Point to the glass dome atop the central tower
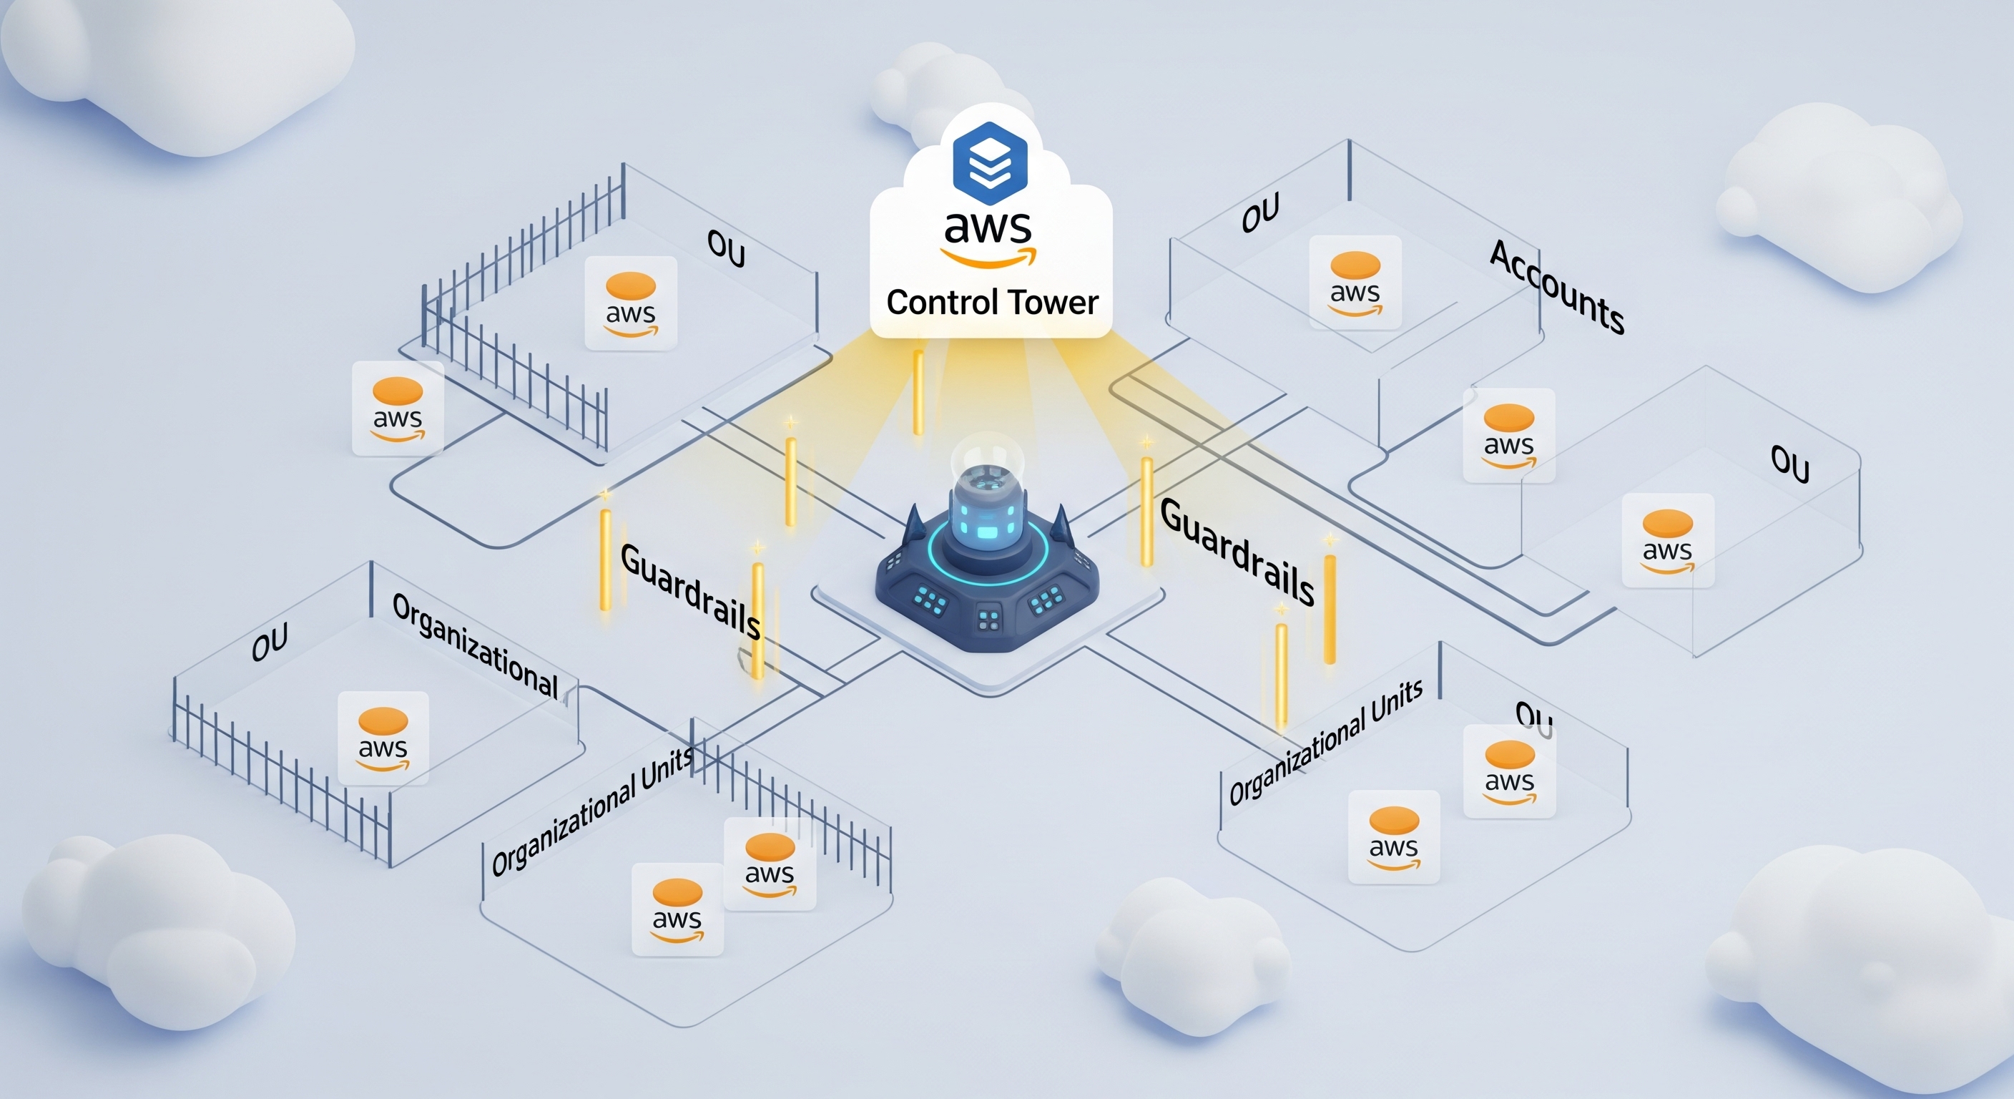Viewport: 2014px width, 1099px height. tap(988, 456)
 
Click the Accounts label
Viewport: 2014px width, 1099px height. tap(1556, 287)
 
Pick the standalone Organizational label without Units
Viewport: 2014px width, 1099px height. tap(475, 646)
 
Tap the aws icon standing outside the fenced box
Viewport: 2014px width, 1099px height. tap(398, 409)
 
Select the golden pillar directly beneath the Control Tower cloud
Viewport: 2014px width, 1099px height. tap(918, 393)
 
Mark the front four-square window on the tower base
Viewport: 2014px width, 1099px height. tap(989, 620)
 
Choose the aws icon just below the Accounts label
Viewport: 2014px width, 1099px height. tap(1509, 435)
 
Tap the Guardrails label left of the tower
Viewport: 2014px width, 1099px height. tap(689, 591)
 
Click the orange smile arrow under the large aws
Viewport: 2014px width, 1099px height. tap(988, 258)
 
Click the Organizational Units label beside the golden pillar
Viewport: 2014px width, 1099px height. tap(1325, 743)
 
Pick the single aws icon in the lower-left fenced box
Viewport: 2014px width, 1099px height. tap(383, 738)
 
